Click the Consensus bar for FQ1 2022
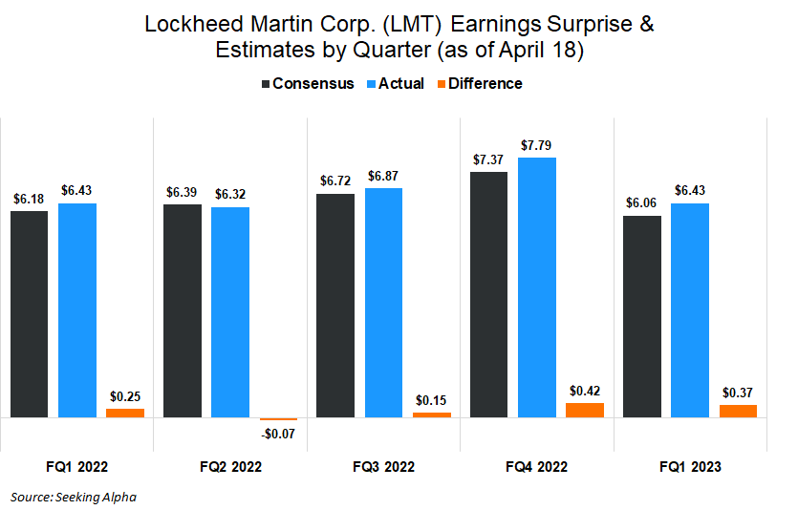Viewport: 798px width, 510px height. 30,314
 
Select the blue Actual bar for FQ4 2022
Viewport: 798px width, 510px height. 537,287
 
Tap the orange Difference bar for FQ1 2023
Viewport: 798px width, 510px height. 738,412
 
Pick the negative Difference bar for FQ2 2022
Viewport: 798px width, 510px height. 278,419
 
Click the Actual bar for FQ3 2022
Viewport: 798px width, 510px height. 383,303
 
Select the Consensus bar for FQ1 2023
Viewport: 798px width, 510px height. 642,317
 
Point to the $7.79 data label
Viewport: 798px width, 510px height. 536,145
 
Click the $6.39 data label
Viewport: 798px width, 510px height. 183,192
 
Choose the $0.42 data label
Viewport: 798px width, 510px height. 584,391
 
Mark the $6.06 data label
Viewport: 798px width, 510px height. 641,203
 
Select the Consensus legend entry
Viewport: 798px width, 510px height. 308,84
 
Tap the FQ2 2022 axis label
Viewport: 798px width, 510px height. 230,467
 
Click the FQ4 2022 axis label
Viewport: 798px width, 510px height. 536,467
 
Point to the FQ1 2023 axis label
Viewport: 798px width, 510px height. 689,467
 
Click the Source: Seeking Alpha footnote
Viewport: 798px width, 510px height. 74,497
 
